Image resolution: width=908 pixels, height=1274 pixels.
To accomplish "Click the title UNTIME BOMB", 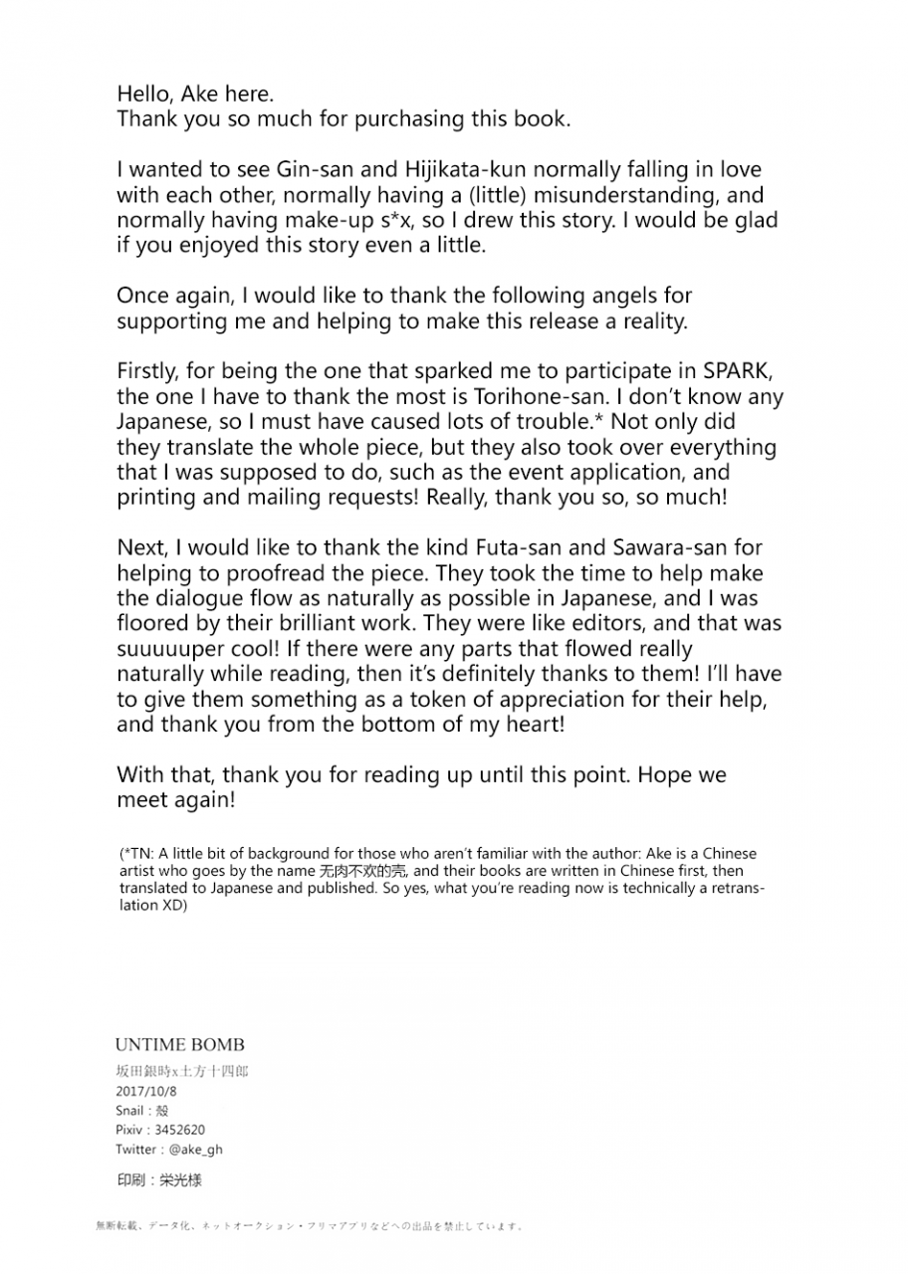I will coord(179,1044).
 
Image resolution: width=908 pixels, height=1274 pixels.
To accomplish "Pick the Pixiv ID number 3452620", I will coord(180,1130).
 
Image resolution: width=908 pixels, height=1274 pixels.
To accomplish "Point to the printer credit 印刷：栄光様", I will coord(159,1180).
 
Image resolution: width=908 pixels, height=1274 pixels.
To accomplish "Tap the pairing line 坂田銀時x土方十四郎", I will coord(181,1072).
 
